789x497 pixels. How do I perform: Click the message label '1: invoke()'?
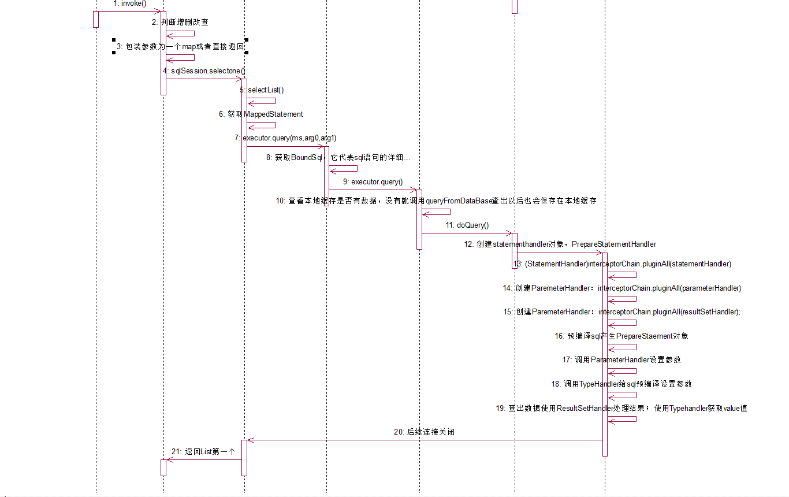click(x=130, y=3)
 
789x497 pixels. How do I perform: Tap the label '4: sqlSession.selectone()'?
click(x=204, y=71)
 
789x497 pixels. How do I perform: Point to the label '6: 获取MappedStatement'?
click(x=260, y=114)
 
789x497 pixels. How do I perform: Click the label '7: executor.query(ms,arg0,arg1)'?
click(x=285, y=138)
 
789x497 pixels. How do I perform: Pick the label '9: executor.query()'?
click(x=373, y=181)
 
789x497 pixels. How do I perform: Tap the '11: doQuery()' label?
click(x=467, y=225)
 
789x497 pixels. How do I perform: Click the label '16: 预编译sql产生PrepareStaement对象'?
click(x=621, y=336)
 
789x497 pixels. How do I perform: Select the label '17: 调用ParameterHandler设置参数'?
click(x=621, y=359)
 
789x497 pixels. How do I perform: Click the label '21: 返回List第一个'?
click(x=203, y=451)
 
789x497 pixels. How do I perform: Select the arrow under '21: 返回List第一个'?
click(x=203, y=460)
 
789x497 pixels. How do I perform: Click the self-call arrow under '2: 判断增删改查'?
click(x=181, y=34)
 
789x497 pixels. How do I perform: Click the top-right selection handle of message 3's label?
click(x=247, y=40)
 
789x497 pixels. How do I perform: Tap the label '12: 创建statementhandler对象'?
click(x=560, y=244)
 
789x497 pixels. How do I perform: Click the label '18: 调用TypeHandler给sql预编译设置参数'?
click(x=621, y=384)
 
